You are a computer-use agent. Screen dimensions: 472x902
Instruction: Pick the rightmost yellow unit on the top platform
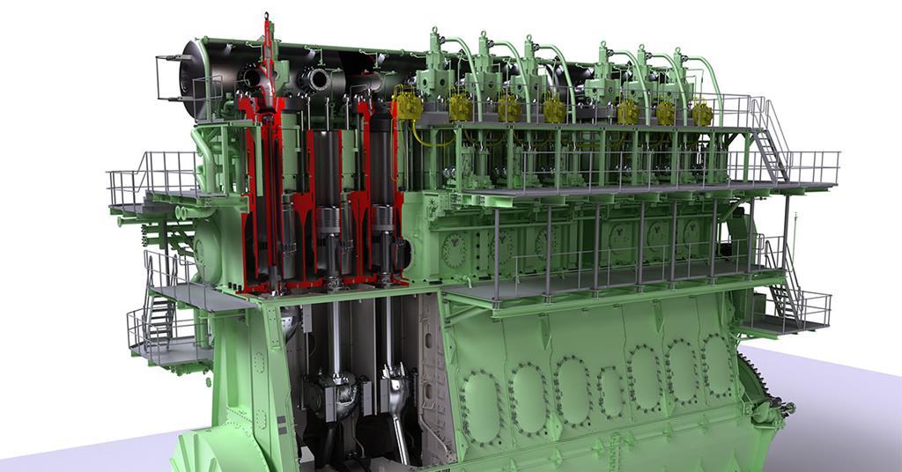point(701,114)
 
